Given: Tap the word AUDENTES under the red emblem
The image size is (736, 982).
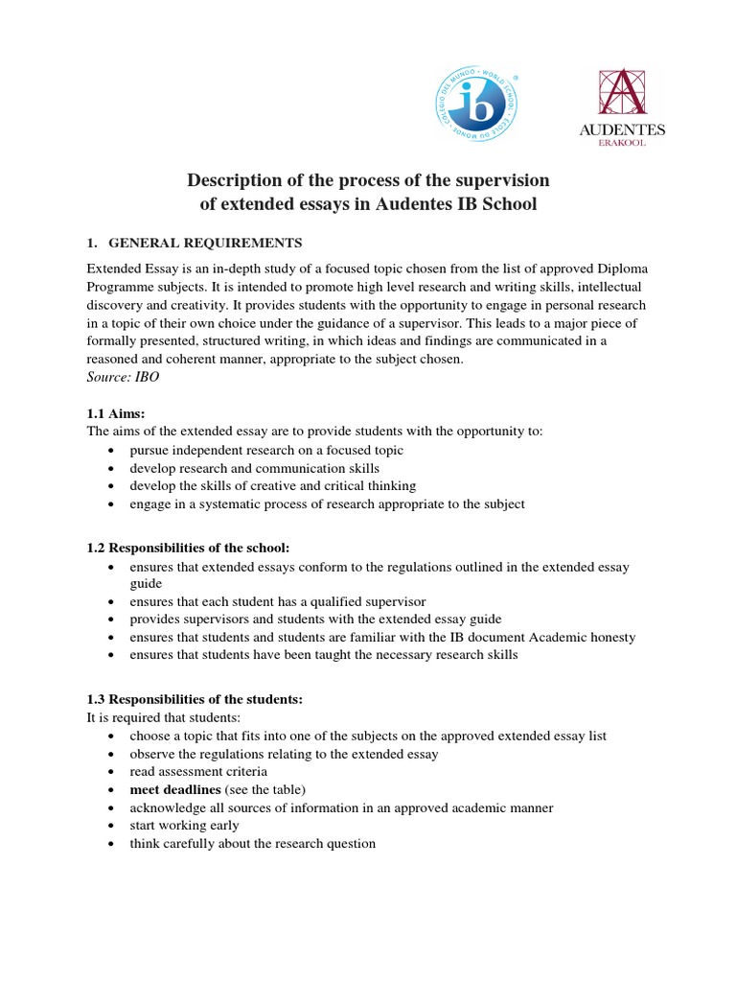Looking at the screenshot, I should coord(622,129).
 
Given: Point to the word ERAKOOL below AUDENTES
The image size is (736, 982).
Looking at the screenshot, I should coord(622,144).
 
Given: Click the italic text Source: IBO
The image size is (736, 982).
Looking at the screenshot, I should coord(123,378).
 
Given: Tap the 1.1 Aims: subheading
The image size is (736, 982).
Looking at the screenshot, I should coord(115,413).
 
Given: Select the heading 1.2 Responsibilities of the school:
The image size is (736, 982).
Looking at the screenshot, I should coord(188,548).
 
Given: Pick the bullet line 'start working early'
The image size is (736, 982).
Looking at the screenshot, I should coord(185,826).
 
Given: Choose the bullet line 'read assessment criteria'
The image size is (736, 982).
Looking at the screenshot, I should coord(198,772).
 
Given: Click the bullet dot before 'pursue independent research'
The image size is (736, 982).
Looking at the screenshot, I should coord(112,451).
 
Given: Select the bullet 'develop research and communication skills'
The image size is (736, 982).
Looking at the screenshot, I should coord(255,468).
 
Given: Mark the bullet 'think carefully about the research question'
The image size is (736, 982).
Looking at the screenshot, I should coord(253,844).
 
